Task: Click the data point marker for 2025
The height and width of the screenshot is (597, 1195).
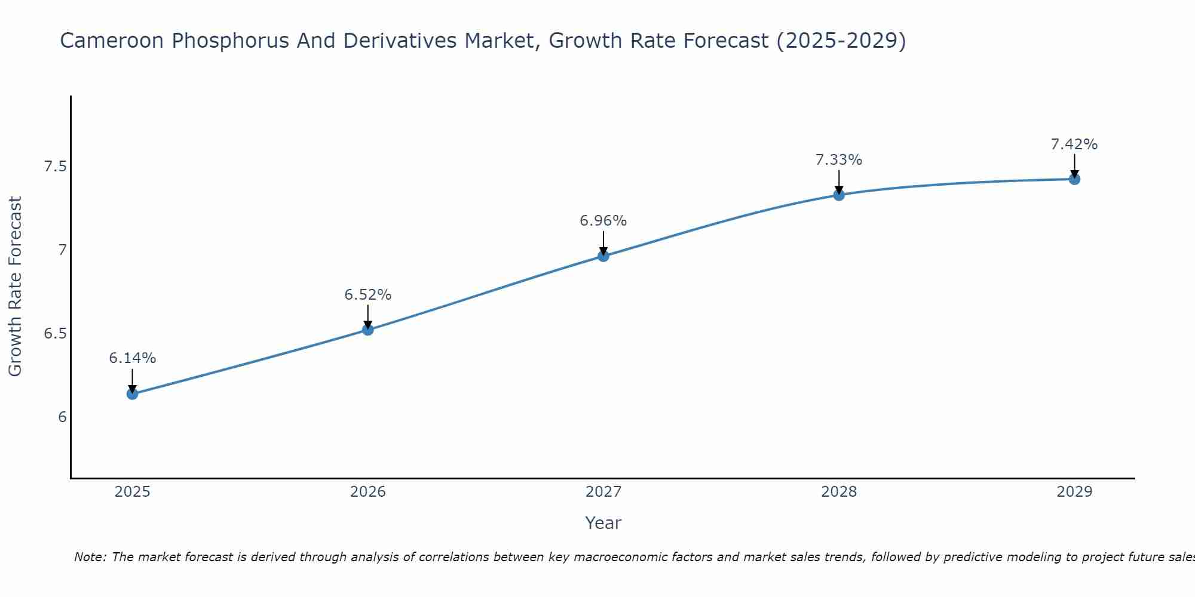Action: (x=133, y=394)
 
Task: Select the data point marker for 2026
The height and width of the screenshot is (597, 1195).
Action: (x=368, y=330)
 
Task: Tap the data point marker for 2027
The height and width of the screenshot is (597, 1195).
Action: (x=603, y=256)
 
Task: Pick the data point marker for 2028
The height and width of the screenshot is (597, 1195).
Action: (x=839, y=195)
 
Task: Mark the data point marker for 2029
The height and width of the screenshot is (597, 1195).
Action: (x=1074, y=179)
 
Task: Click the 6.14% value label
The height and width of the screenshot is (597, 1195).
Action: (x=133, y=358)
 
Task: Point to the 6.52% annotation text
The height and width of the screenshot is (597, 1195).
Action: (x=368, y=295)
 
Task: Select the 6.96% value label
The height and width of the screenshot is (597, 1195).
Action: (x=603, y=221)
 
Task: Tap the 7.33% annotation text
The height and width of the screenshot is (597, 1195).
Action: (x=839, y=160)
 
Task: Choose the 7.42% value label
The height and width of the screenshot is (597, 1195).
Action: (x=1074, y=144)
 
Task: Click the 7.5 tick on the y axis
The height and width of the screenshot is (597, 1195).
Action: (x=55, y=167)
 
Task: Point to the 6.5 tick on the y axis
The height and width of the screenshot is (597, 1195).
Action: (x=55, y=334)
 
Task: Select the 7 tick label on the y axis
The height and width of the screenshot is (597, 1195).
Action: (x=62, y=250)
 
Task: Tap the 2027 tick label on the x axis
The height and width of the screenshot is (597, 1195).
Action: (x=603, y=492)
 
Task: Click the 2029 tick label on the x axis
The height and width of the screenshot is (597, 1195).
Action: (x=1074, y=492)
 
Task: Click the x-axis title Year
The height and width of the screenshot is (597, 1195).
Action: (x=603, y=523)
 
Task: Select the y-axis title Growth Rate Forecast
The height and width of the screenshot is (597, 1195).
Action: (x=16, y=287)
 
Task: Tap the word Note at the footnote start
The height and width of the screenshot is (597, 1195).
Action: (x=90, y=557)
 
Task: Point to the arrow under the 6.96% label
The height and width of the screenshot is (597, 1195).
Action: (x=603, y=243)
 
